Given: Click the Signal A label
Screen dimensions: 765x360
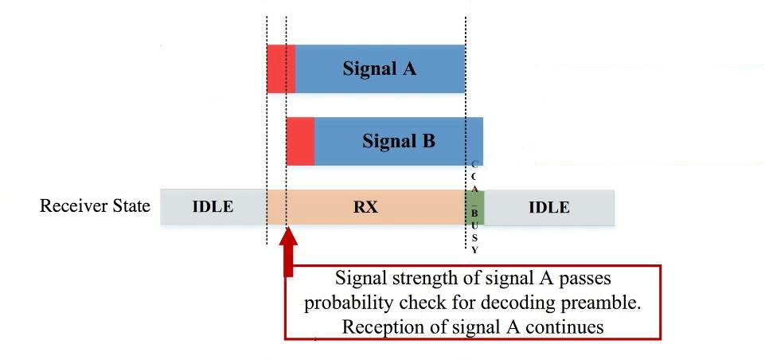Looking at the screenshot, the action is (x=379, y=68).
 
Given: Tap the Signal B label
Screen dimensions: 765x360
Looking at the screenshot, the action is (x=399, y=141).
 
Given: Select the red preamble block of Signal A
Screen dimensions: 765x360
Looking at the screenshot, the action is (x=281, y=68).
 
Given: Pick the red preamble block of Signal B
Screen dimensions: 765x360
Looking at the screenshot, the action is (x=301, y=141).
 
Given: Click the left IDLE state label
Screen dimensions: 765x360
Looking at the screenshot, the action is (x=213, y=207).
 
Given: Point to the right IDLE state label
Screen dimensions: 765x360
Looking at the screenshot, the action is (x=548, y=207).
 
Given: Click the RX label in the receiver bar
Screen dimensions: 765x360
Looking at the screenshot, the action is (x=365, y=207).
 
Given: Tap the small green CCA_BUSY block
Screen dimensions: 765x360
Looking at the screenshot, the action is (x=474, y=207).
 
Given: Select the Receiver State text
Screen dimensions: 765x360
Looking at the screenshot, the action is (x=95, y=205).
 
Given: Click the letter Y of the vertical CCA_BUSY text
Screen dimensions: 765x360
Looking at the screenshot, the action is (x=474, y=249).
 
